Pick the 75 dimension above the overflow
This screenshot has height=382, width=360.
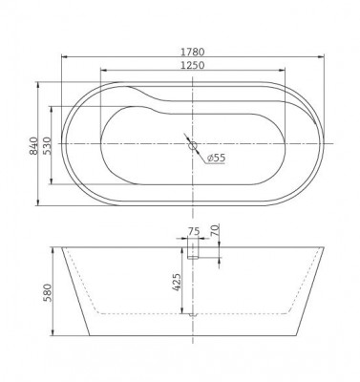194,232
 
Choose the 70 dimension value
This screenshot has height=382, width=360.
217,230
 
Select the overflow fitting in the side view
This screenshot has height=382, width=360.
192,250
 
